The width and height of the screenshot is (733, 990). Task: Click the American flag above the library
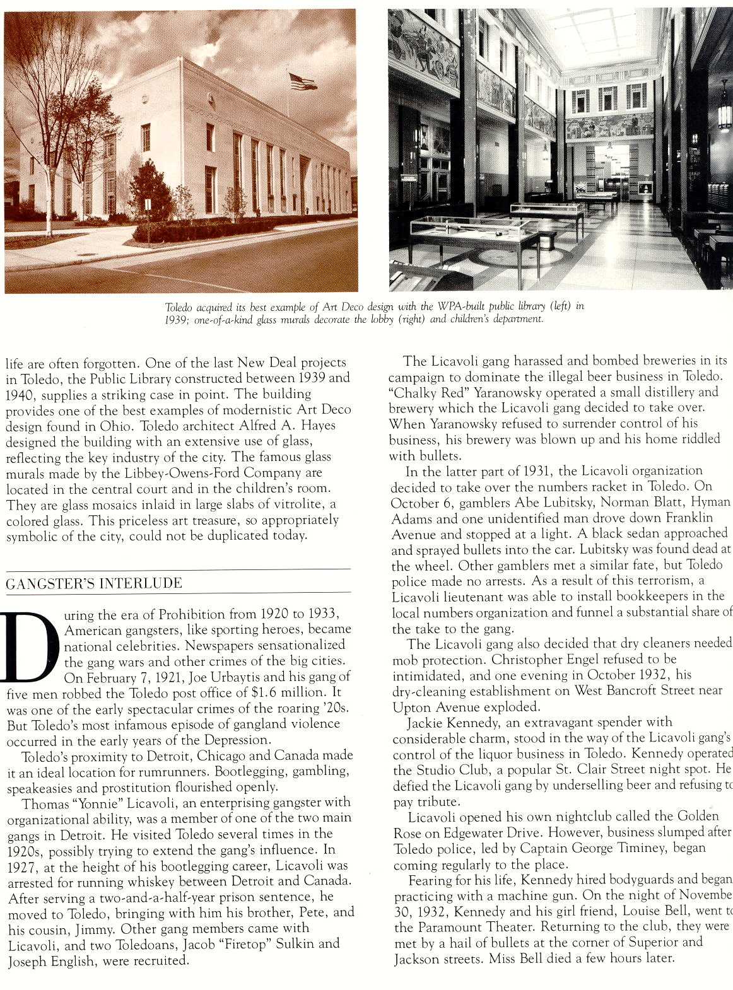[x=302, y=81]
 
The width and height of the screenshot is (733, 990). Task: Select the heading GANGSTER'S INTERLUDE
[x=94, y=583]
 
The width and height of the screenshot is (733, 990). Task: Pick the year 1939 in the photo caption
[x=178, y=319]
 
